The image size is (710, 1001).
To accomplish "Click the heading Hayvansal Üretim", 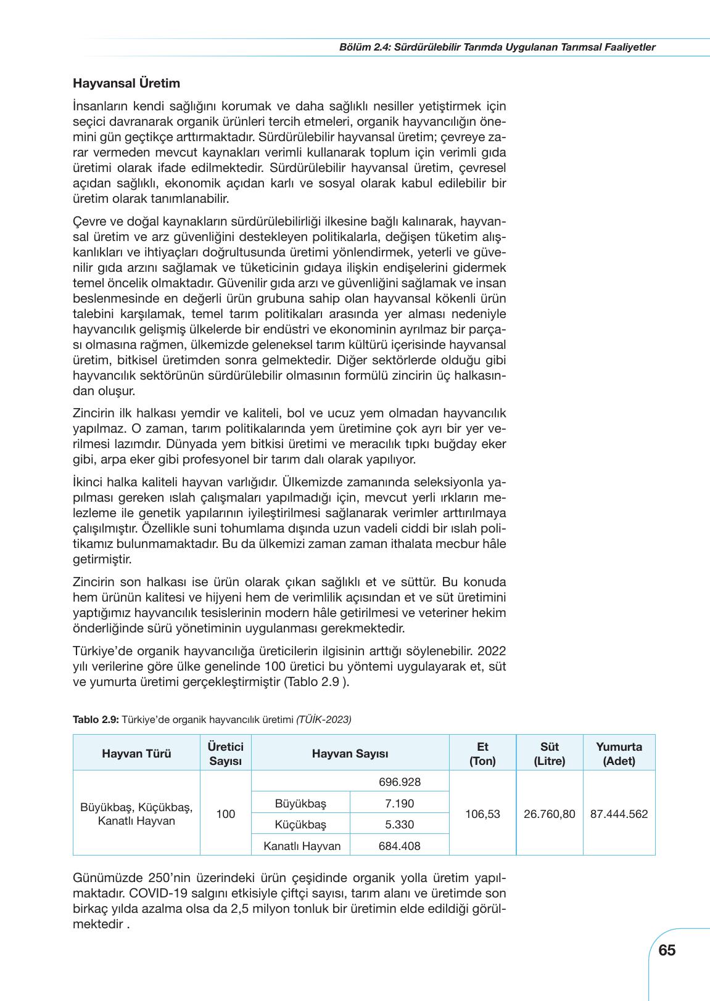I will click(x=126, y=83).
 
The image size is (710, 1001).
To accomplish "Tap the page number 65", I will click(x=667, y=950).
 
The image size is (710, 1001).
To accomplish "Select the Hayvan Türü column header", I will click(x=136, y=753).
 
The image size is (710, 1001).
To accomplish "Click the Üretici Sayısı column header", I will click(x=226, y=753).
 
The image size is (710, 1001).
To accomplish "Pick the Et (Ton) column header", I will click(x=482, y=753).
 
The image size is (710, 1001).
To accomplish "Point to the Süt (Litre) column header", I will click(x=549, y=753).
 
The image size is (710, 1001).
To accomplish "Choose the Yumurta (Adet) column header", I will click(x=619, y=753).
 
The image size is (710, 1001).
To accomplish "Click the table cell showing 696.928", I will click(x=399, y=782).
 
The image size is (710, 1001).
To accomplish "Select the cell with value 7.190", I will click(x=399, y=804).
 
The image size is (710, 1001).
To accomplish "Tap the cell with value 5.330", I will click(x=399, y=825).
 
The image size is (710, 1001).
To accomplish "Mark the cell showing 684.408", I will click(x=399, y=846).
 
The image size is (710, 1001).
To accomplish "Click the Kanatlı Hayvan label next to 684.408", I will click(x=302, y=846).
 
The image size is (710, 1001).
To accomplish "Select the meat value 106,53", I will click(x=482, y=814).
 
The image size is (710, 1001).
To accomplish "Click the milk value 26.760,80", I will click(x=549, y=814).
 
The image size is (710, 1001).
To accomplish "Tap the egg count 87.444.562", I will click(x=619, y=814).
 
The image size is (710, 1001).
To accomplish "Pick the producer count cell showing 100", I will click(x=226, y=814).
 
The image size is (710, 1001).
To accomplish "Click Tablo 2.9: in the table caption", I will click(x=96, y=719).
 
